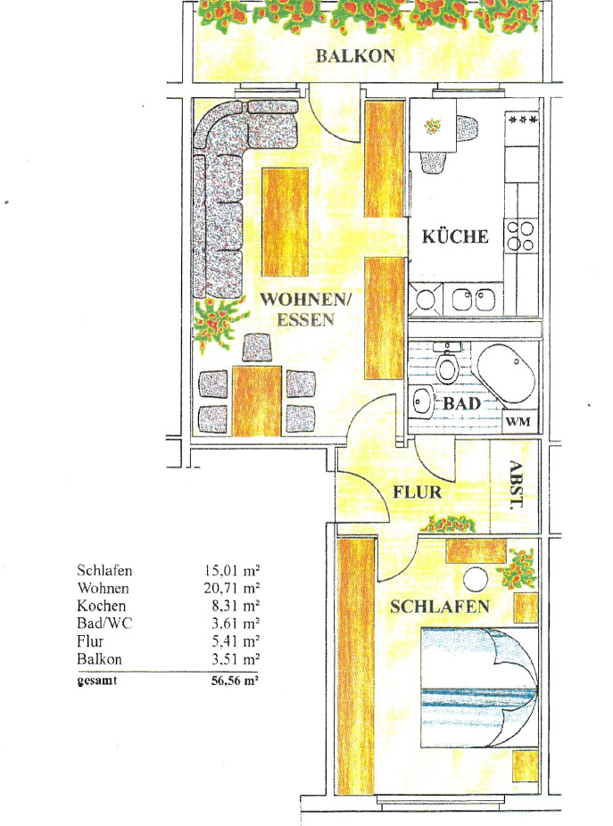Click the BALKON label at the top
[x=355, y=56]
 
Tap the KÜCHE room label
[x=455, y=236]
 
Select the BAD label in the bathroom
[x=461, y=404]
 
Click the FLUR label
[x=418, y=492]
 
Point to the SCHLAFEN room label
[x=440, y=607]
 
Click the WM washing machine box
[x=519, y=421]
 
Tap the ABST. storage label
[x=517, y=484]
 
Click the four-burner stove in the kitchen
[x=520, y=235]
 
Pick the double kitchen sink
[x=473, y=300]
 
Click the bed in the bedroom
[x=479, y=687]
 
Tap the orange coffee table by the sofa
[x=286, y=222]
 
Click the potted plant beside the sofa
[x=219, y=322]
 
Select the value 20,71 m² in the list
[x=232, y=588]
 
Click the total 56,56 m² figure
[x=235, y=681]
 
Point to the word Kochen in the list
[x=101, y=606]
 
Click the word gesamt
[x=97, y=681]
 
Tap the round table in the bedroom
[x=476, y=578]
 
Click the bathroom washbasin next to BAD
[x=421, y=401]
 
